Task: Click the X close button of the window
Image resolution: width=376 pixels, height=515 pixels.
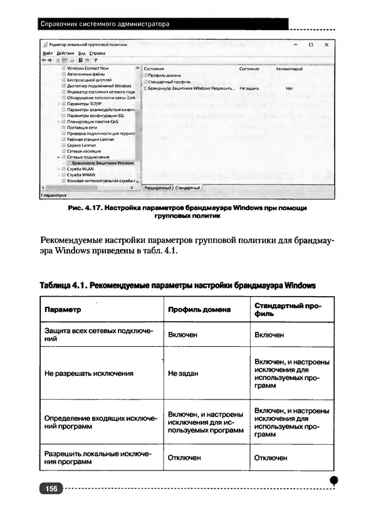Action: [x=326, y=45]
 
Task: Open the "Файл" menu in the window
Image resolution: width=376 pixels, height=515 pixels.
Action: [x=48, y=53]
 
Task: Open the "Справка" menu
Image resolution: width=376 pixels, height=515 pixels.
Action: [x=97, y=53]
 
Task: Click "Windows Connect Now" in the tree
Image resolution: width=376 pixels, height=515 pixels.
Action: [x=88, y=68]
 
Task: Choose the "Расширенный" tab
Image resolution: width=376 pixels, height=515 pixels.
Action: [x=157, y=188]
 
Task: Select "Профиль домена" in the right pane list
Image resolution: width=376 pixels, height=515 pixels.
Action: [x=164, y=75]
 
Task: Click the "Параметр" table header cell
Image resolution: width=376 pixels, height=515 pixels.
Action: [x=63, y=309]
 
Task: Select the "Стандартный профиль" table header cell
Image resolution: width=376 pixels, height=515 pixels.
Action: [x=288, y=309]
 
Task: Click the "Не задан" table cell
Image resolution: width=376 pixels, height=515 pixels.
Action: [x=183, y=373]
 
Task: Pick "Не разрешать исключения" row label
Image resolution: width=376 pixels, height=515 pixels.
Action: [x=89, y=373]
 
